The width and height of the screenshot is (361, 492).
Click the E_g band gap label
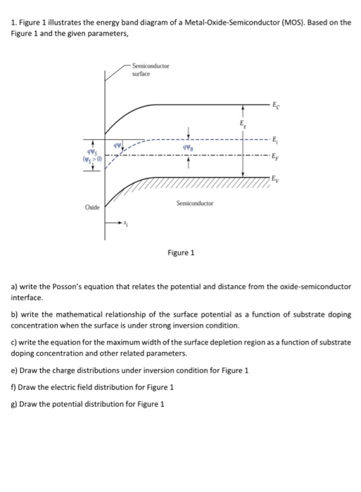pos(242,124)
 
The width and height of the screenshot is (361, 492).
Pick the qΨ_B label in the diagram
pos(186,148)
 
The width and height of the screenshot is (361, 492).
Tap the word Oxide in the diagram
pos(91,208)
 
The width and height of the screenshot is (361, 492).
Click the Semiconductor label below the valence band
pos(195,202)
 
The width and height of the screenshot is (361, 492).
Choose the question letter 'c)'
pos(13,342)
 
